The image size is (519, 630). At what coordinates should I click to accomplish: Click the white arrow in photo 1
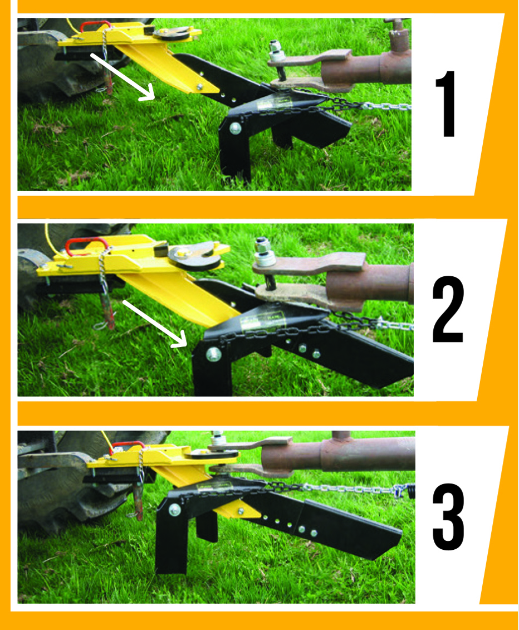point(123,76)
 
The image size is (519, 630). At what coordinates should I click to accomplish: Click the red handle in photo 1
point(93,26)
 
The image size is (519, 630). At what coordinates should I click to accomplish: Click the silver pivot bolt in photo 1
point(234,129)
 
